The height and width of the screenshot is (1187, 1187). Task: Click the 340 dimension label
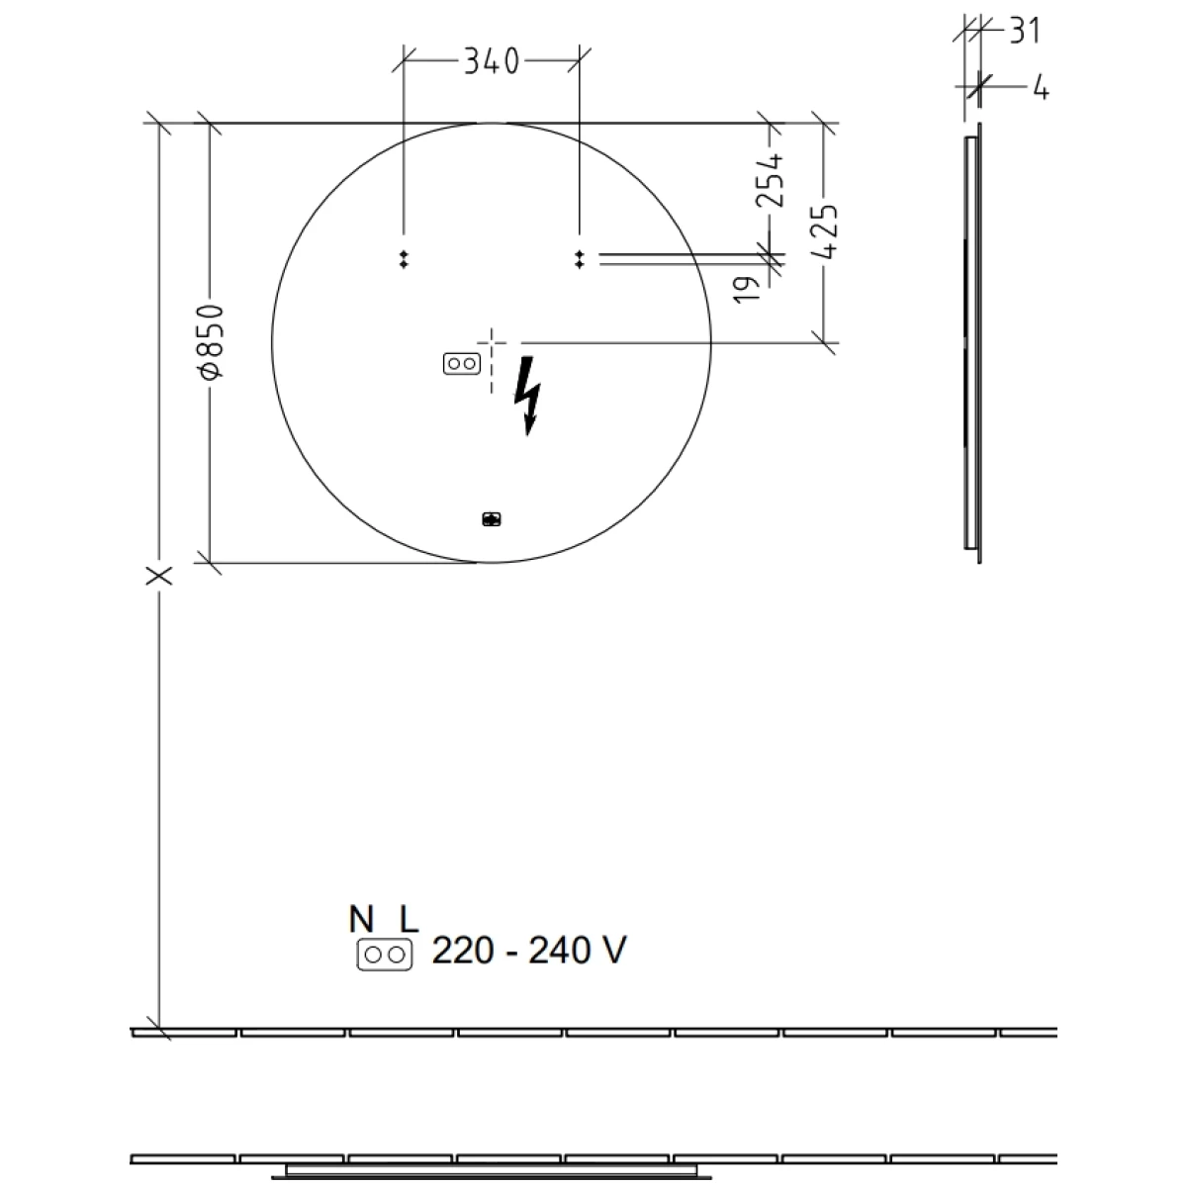(491, 61)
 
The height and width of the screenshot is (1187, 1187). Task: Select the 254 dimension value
(771, 180)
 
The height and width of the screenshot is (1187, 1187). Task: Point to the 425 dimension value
(824, 231)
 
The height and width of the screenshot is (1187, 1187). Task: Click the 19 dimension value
(747, 290)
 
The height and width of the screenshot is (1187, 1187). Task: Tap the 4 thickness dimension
(1041, 89)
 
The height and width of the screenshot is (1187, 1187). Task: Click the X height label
(159, 576)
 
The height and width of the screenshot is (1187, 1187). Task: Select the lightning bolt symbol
(527, 396)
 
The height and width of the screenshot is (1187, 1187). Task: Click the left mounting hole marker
(404, 259)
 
